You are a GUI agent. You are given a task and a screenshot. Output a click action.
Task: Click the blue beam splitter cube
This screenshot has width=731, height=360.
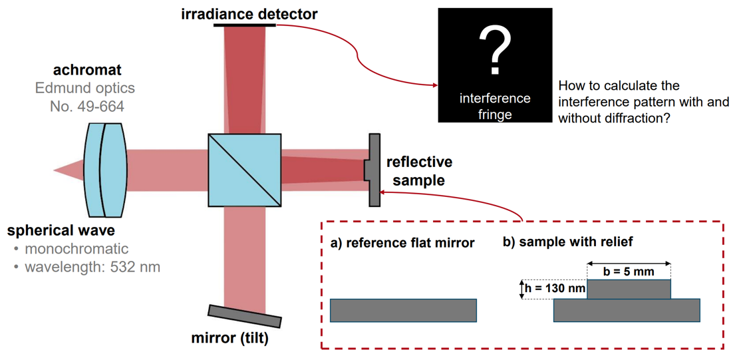coord(244,170)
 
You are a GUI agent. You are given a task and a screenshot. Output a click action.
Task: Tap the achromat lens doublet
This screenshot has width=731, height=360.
coord(106,170)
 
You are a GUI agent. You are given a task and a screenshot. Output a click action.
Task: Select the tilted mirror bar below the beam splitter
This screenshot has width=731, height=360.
coord(244,315)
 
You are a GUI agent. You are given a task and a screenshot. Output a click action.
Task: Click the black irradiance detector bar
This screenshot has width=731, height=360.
coord(245,25)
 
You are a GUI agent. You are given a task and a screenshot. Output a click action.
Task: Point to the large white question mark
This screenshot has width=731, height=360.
coord(495,49)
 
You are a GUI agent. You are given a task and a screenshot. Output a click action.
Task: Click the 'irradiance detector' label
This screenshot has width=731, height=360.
coord(249,13)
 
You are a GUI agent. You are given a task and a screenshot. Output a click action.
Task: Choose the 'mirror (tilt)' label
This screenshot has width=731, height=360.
coord(230,339)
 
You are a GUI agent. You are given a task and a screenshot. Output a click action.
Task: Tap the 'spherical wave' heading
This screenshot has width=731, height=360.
coord(61,231)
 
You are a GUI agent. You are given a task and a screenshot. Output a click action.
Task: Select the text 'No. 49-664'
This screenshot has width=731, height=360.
coord(87,106)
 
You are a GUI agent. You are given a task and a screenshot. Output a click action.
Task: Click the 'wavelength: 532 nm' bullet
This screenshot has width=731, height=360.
coord(92,268)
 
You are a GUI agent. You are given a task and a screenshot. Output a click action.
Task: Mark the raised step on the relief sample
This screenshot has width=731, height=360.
coord(629,289)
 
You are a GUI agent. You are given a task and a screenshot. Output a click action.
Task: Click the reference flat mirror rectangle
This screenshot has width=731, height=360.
coord(403,310)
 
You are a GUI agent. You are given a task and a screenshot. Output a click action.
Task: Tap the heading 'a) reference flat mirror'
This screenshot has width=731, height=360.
coord(402,243)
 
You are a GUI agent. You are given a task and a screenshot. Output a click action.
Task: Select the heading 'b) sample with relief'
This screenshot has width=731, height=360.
coord(567,242)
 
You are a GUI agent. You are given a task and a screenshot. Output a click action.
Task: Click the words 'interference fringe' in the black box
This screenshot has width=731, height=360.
coord(495,106)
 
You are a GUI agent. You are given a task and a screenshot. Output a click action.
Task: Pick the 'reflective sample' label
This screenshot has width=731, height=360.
coord(419,170)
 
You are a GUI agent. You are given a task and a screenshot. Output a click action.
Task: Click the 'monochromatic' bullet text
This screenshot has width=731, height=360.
coord(76,250)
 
